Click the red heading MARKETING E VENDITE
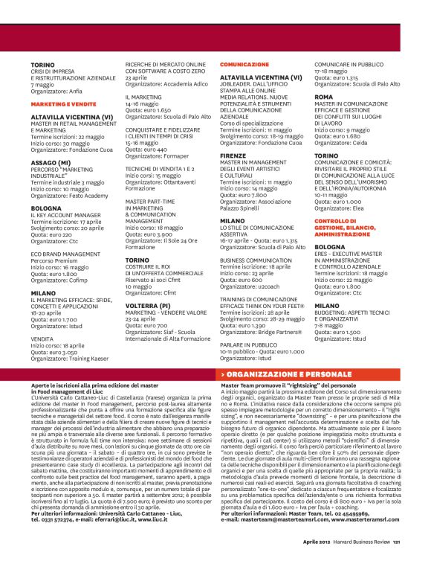[x=63, y=105]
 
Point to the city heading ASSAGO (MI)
[x=51, y=162]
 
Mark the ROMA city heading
[x=324, y=97]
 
